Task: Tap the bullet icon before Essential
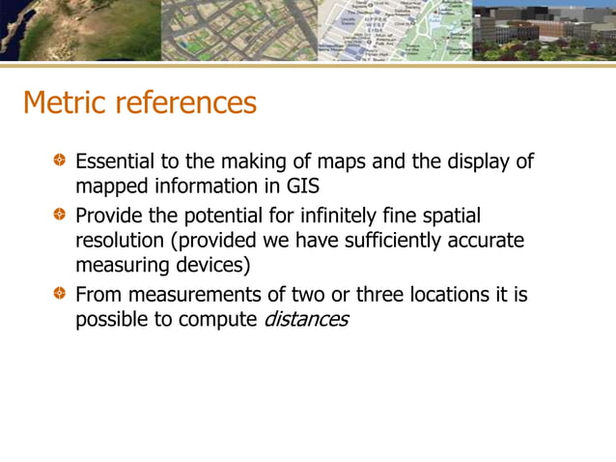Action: point(61,159)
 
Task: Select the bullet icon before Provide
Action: point(61,214)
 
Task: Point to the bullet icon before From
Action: point(61,293)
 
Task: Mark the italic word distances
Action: point(305,319)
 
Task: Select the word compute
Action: point(219,319)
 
